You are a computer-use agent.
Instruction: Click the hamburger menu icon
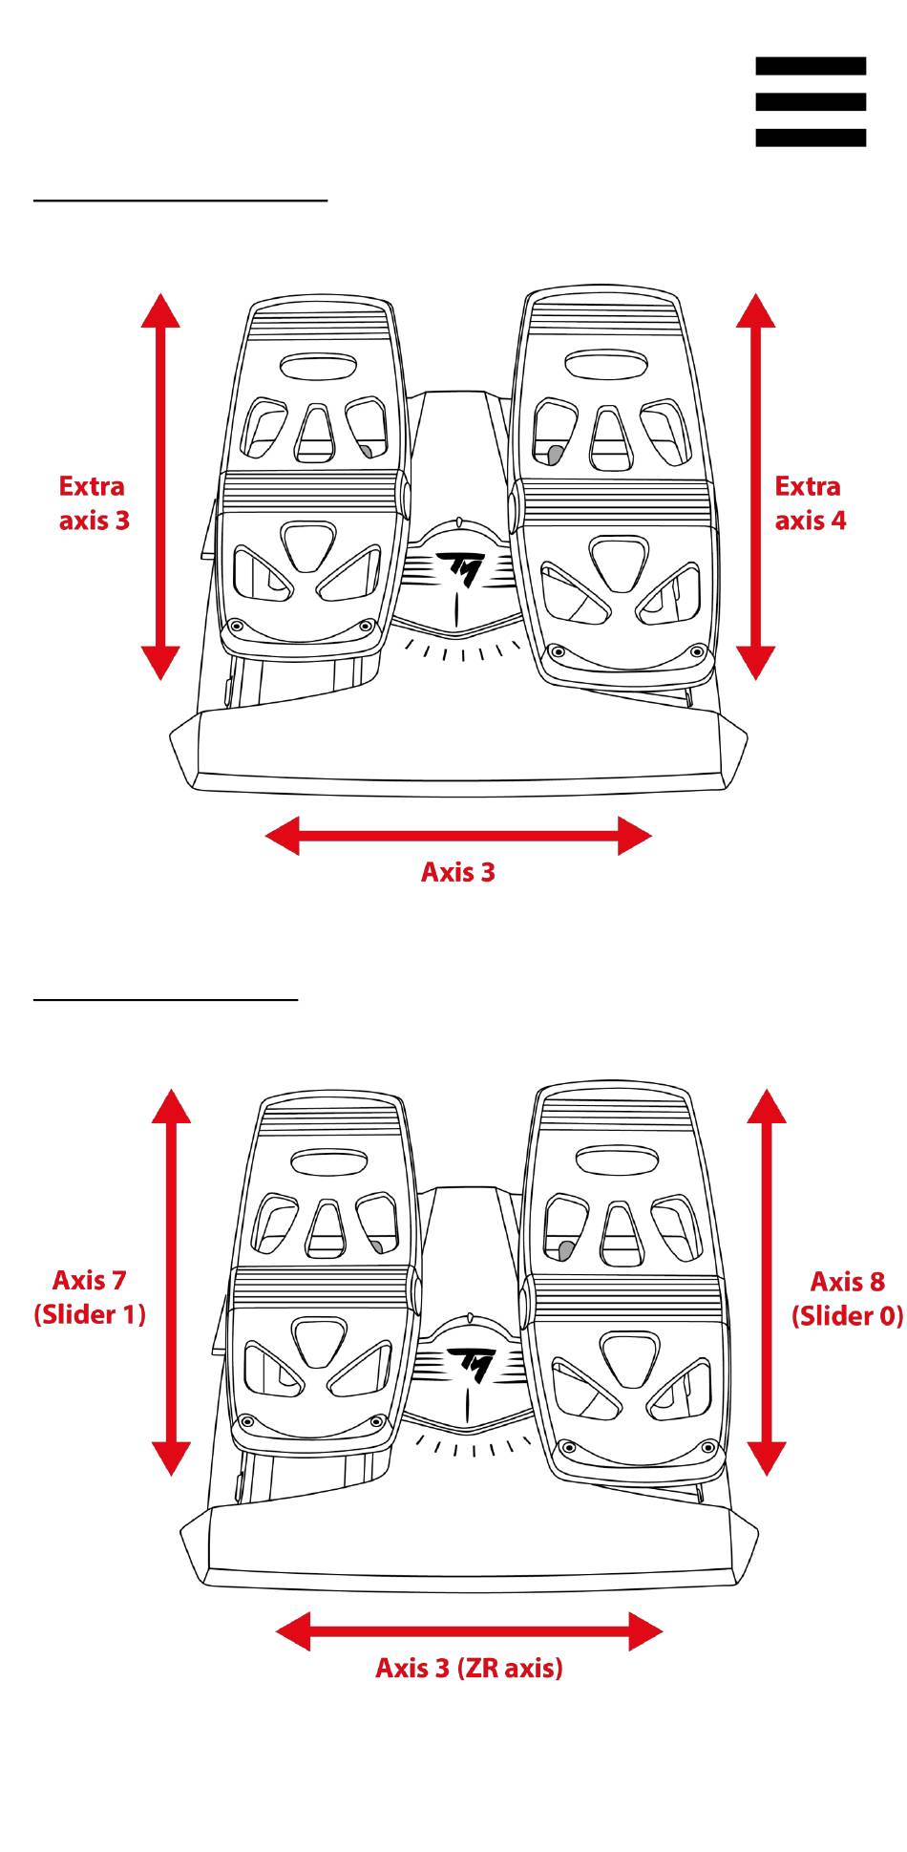click(x=811, y=101)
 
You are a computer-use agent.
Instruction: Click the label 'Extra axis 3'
click(x=94, y=503)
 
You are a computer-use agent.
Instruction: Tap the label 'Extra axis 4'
click(x=810, y=503)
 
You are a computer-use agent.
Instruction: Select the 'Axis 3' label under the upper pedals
click(x=458, y=872)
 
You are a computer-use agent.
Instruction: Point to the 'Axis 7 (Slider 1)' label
click(x=90, y=1297)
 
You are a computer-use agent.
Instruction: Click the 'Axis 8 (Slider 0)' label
click(x=847, y=1299)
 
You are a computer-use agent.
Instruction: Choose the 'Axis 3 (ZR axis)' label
click(x=469, y=1668)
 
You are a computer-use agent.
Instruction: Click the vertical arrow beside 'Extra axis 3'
click(x=160, y=486)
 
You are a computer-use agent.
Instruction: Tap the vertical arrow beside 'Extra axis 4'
click(x=755, y=486)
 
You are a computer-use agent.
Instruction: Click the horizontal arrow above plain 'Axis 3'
click(x=458, y=837)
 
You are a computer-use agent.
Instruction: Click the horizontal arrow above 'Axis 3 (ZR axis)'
click(x=469, y=1632)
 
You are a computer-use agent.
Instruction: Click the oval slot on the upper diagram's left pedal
click(x=318, y=366)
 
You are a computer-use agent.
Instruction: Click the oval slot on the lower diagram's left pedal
click(x=329, y=1161)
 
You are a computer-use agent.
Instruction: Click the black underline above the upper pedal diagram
click(x=180, y=201)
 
